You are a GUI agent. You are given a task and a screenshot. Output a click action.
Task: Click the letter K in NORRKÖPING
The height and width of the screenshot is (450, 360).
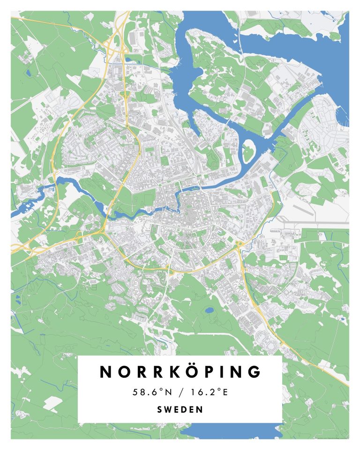click(x=168, y=372)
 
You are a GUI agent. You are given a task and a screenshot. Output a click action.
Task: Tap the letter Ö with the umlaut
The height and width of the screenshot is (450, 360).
click(x=188, y=371)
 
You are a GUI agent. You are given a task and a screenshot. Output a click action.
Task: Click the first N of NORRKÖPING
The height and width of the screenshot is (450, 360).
click(x=107, y=372)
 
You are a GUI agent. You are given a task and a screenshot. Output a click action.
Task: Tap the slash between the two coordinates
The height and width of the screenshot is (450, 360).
click(x=180, y=392)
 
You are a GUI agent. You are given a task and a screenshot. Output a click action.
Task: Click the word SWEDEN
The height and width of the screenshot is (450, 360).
click(x=180, y=409)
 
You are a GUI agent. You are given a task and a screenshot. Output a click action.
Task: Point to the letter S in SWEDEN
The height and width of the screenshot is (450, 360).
click(x=160, y=409)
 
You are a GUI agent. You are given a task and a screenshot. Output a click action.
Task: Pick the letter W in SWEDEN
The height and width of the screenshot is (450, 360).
click(x=168, y=409)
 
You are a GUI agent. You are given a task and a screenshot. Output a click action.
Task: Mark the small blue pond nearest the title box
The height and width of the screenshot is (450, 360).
click(x=209, y=309)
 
